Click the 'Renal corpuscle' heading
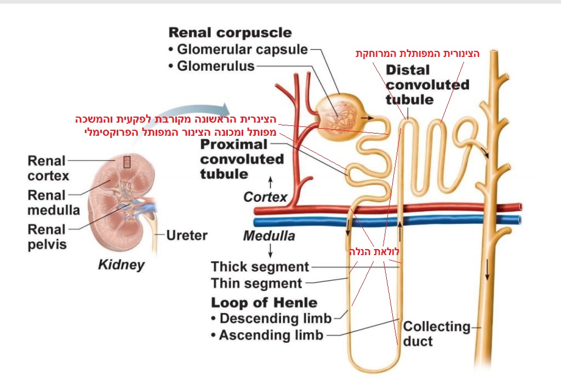(x=230, y=33)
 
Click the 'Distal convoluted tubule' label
(x=427, y=85)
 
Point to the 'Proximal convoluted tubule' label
(x=242, y=159)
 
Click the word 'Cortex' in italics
(x=265, y=197)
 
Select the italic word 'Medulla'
(x=268, y=237)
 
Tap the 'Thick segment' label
(x=260, y=267)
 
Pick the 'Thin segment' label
(x=256, y=284)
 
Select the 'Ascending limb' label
(x=271, y=335)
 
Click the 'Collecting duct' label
(x=436, y=334)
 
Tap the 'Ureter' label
(x=187, y=236)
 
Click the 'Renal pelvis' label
(x=47, y=237)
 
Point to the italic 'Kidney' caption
(x=121, y=265)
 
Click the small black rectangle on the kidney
(x=127, y=162)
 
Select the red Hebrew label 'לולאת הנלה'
(x=375, y=252)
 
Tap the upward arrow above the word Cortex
(x=270, y=181)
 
